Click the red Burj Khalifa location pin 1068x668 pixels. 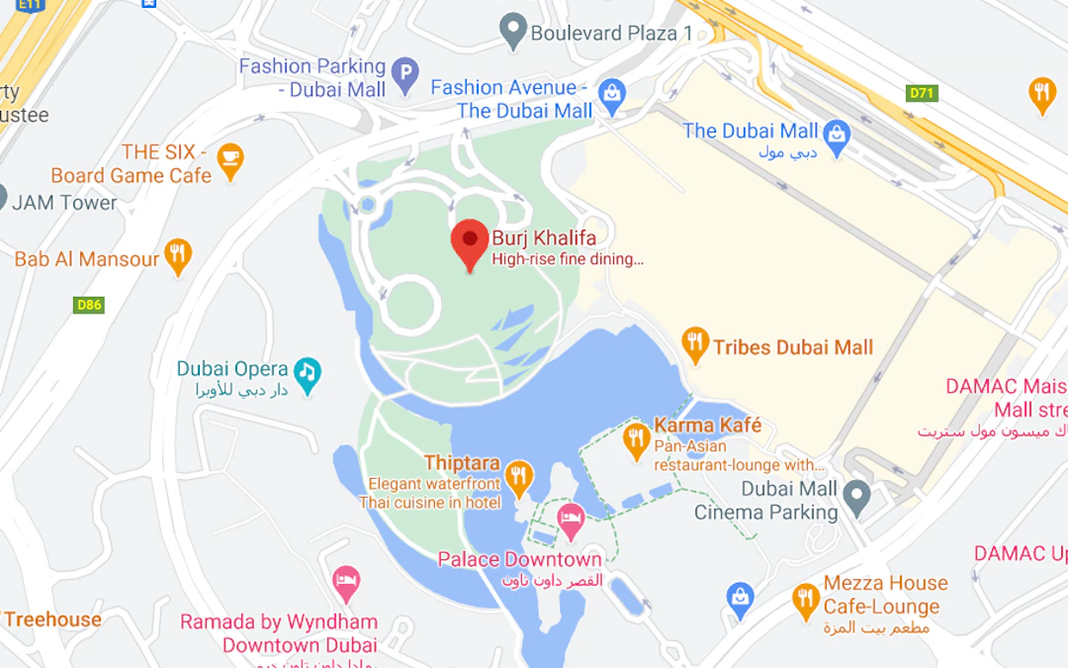coord(470,241)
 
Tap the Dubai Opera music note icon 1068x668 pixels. coord(309,372)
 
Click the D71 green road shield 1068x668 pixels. coord(922,93)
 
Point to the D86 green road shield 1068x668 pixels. coord(89,305)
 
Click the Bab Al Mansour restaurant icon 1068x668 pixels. coord(178,255)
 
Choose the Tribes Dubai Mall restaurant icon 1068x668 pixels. coord(696,344)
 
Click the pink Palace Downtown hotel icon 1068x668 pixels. coord(571,520)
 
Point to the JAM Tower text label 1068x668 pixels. coord(64,203)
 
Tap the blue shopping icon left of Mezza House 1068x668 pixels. coord(741,597)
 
